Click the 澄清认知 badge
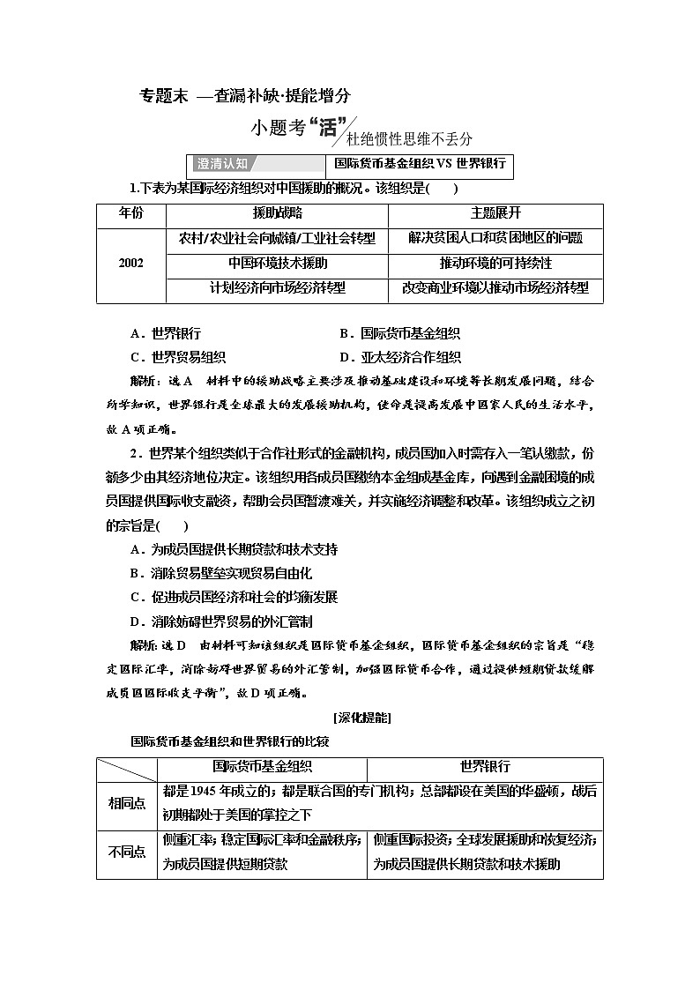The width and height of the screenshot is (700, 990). click(x=221, y=164)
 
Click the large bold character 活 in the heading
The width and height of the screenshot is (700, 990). click(x=329, y=128)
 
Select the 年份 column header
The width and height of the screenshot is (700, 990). click(x=130, y=214)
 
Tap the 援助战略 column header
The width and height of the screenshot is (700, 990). click(x=277, y=214)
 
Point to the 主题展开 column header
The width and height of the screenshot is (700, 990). click(x=495, y=214)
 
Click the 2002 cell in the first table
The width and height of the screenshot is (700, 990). click(x=130, y=264)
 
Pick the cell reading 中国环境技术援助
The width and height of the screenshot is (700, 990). click(x=277, y=264)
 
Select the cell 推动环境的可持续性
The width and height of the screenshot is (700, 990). click(x=495, y=264)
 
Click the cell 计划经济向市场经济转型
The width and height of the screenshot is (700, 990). click(x=277, y=288)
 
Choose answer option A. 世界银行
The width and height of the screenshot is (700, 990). click(x=165, y=334)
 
